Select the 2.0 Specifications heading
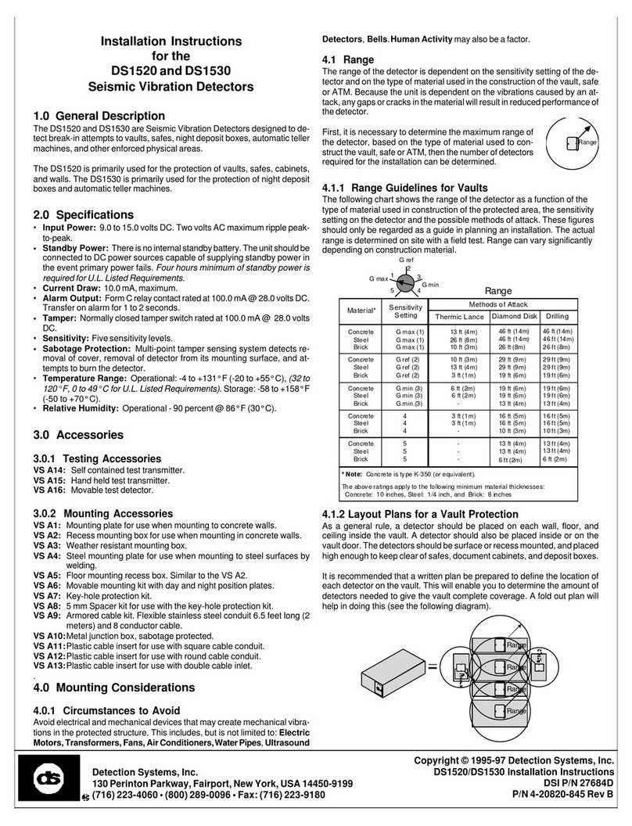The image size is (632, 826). tap(83, 214)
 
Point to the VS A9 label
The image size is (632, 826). tap(46, 615)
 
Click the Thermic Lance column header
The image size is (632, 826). tap(459, 316)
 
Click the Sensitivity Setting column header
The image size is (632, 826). tap(405, 311)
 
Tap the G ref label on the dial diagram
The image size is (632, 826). tap(407, 259)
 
